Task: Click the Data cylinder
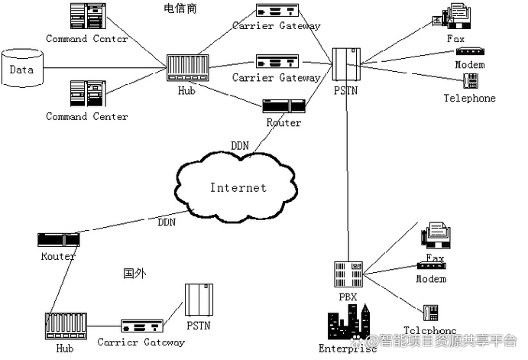[23, 69]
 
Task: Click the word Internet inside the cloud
[238, 187]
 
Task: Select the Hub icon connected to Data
[186, 68]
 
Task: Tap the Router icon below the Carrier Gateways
[283, 106]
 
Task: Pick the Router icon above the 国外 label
[58, 240]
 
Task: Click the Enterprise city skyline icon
[348, 324]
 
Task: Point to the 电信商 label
[180, 8]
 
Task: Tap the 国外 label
[134, 273]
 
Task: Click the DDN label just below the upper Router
[240, 145]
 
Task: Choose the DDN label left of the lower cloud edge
[167, 222]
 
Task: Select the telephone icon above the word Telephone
[471, 81]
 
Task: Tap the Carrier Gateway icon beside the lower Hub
[141, 326]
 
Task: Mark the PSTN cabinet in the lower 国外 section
[197, 301]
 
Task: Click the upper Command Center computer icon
[86, 17]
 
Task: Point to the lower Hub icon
[65, 326]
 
